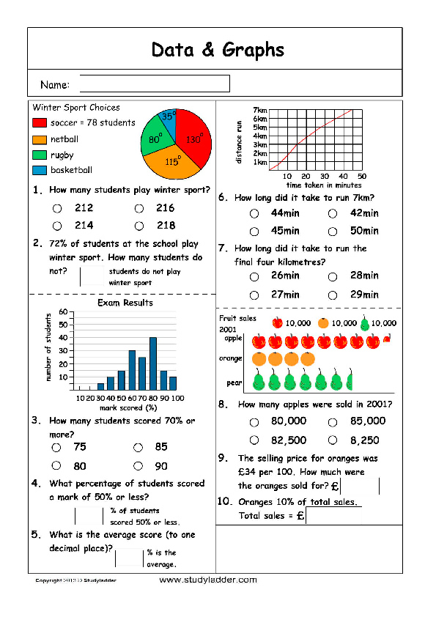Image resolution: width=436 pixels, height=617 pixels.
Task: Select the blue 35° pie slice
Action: pos(168,119)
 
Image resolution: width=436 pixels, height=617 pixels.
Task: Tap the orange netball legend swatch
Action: pos(40,139)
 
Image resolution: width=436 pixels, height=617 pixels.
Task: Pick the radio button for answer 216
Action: pos(138,209)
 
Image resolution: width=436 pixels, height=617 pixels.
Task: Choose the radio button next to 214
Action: pos(56,226)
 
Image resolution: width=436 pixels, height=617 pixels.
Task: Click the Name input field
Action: pos(155,84)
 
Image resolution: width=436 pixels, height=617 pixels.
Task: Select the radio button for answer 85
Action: pos(138,447)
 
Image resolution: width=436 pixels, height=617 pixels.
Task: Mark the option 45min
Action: pos(254,232)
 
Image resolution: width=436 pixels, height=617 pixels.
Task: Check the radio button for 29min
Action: pos(333,295)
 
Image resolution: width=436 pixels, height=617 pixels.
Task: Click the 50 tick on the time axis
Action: pos(362,177)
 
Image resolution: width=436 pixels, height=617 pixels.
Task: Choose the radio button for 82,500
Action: pos(254,440)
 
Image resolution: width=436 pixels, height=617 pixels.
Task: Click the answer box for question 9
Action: pos(360,486)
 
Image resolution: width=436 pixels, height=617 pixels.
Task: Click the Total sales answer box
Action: pos(333,515)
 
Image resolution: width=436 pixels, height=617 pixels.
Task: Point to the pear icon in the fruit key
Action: pos(366,323)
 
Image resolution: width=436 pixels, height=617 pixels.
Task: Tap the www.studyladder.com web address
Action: pos(208,580)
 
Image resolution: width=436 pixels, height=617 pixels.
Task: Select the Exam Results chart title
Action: pos(125,302)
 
